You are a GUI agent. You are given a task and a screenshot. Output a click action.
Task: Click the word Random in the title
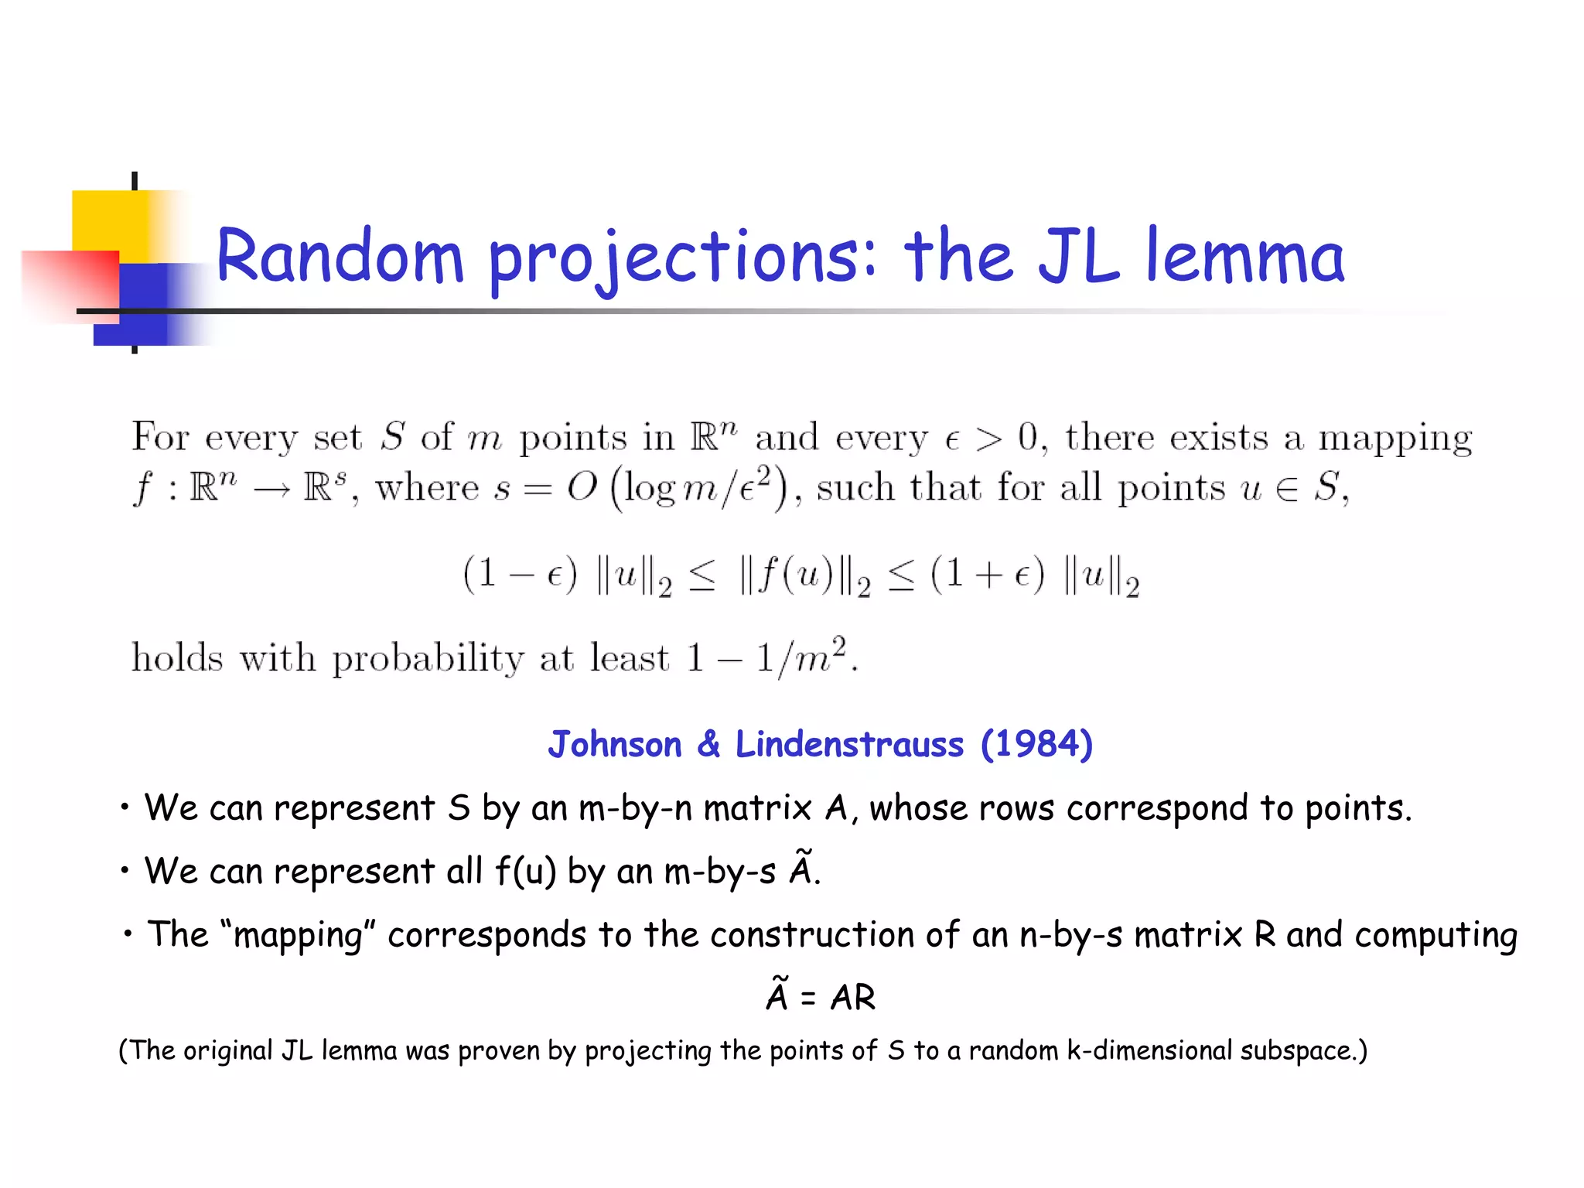[x=339, y=257]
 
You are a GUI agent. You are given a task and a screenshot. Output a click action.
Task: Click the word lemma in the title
[x=1244, y=257]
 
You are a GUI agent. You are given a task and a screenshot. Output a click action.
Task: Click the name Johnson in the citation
[x=615, y=744]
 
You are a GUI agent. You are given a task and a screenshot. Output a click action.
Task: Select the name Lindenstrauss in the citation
[x=849, y=744]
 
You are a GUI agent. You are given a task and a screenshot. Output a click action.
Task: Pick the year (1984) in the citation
[x=1036, y=744]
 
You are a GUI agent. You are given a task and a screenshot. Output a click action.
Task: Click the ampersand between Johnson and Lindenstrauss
[x=708, y=744]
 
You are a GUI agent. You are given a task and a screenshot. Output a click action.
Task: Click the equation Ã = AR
[x=821, y=996]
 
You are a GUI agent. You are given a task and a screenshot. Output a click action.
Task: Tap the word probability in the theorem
[x=428, y=659]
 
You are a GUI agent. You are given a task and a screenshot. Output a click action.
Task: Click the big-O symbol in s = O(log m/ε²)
[x=582, y=488]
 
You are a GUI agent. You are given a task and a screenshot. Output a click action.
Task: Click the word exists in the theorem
[x=1218, y=438]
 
